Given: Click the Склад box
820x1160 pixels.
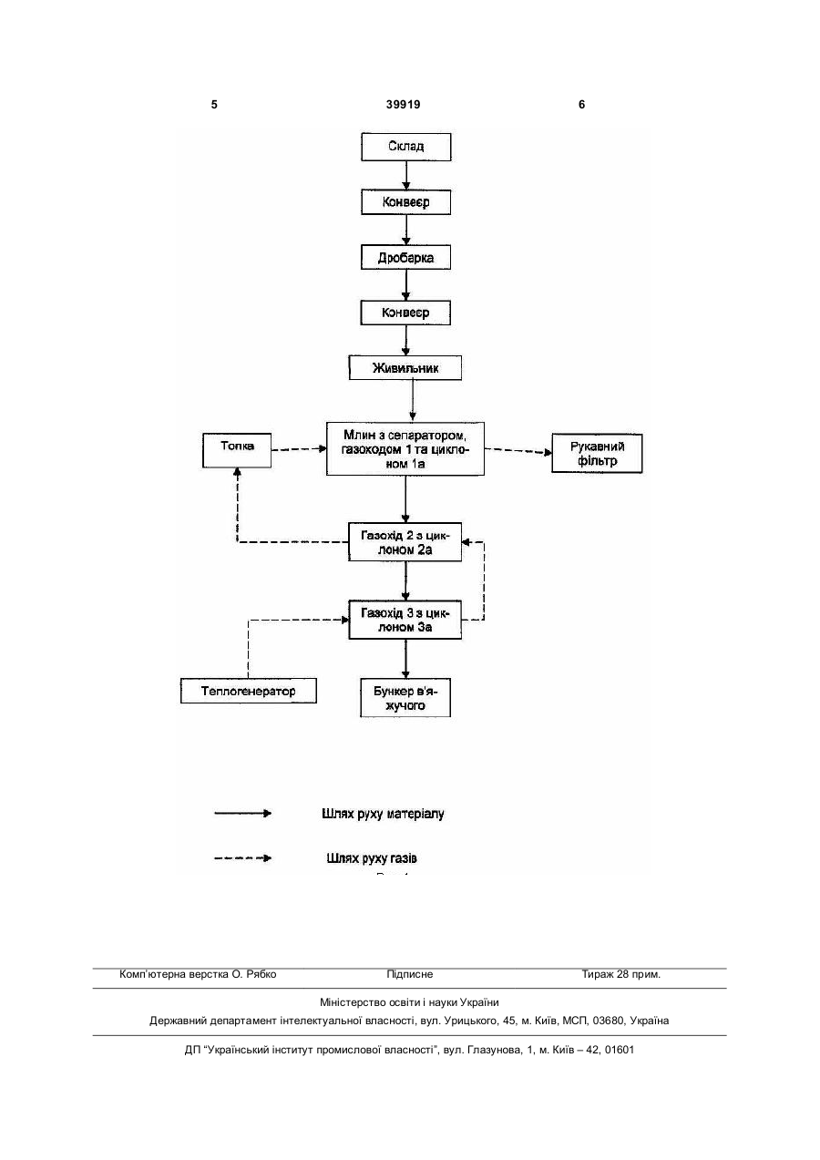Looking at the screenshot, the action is (405, 147).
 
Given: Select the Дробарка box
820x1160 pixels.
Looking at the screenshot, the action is (405, 257).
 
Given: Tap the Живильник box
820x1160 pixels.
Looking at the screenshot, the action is (405, 367).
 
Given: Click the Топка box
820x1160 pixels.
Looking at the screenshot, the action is (237, 450).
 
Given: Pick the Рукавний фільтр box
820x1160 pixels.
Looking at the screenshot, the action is (597, 453).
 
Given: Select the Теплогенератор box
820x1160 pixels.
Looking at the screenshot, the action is (249, 691).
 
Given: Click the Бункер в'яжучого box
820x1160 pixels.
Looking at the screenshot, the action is (405, 698).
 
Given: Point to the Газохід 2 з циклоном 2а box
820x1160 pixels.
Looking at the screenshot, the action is (405, 541).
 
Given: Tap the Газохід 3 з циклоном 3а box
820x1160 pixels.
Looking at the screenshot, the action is (405, 620).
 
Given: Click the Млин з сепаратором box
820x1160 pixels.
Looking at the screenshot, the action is (405, 448).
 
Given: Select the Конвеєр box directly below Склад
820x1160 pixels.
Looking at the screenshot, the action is (405, 202).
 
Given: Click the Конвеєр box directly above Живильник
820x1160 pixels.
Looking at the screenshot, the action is (405, 313).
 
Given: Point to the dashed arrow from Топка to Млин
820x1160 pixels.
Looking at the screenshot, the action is (299, 449).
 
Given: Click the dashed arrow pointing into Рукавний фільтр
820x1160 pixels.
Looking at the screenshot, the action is (518, 451).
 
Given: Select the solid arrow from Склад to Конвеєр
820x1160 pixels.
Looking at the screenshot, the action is (406, 175).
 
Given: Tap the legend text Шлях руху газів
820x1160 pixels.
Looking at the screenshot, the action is (372, 858).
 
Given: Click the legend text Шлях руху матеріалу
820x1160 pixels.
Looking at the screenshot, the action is (383, 814).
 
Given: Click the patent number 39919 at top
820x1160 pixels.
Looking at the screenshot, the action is (404, 105).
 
